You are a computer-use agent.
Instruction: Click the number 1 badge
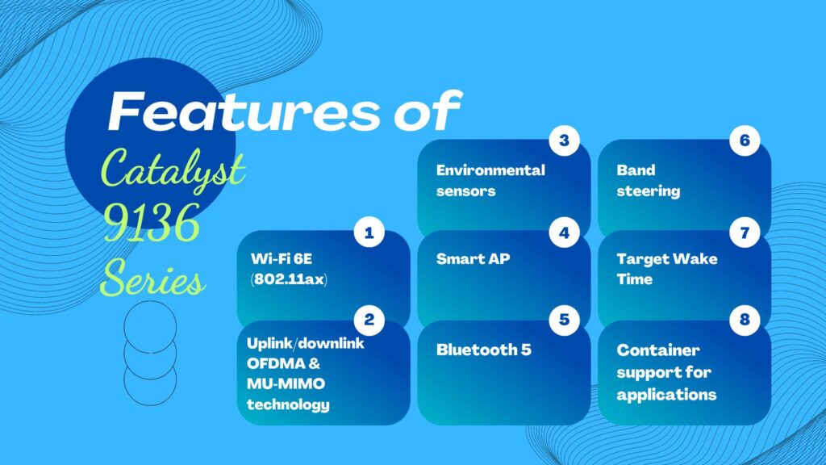(369, 232)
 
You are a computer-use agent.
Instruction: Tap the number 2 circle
(369, 320)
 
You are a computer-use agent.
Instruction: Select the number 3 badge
(564, 140)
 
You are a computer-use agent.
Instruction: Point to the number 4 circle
(564, 232)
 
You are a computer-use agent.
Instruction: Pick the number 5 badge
(564, 320)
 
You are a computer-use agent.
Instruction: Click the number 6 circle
(745, 140)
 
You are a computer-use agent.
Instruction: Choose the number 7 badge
(745, 232)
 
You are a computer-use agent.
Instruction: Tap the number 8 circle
(745, 320)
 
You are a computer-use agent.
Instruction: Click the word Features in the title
(244, 111)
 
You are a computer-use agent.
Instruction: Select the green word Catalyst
(173, 169)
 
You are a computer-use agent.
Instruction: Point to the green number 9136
(152, 223)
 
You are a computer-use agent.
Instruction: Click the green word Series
(152, 278)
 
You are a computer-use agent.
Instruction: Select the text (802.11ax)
(289, 279)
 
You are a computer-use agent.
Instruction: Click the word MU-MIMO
(286, 383)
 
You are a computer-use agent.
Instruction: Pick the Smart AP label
(473, 259)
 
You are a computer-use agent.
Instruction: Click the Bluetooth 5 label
(484, 350)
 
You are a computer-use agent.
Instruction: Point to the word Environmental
(490, 170)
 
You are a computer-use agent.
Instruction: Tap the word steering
(648, 191)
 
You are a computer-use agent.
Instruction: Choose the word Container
(658, 350)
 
